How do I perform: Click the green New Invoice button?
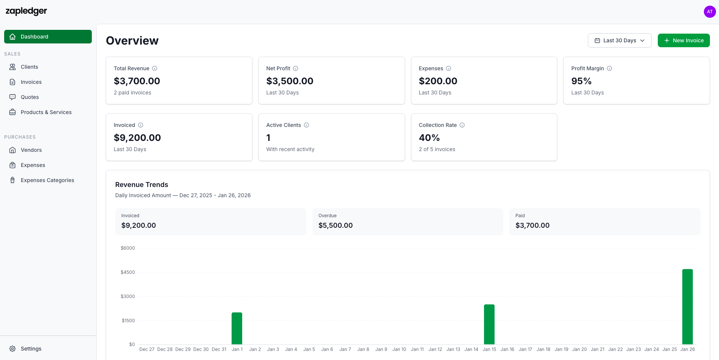tap(683, 40)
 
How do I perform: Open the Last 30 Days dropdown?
tap(619, 40)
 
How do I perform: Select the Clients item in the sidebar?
tap(29, 67)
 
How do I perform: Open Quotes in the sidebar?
tap(30, 97)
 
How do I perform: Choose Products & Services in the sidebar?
tap(46, 112)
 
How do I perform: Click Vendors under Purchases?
tap(31, 150)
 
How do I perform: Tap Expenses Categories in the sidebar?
tap(47, 180)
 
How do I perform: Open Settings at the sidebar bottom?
tap(31, 349)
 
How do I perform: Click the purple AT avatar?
tap(710, 12)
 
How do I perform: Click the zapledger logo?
tap(26, 11)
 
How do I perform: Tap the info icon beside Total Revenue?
tap(155, 68)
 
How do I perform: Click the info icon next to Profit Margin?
tap(609, 68)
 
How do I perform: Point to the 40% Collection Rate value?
tap(429, 138)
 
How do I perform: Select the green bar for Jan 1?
tap(237, 328)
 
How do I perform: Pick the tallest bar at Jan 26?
tap(687, 306)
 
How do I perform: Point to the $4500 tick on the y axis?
tap(128, 272)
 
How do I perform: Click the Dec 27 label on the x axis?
tap(147, 349)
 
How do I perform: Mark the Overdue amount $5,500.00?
tap(336, 226)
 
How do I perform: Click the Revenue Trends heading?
tap(142, 185)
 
